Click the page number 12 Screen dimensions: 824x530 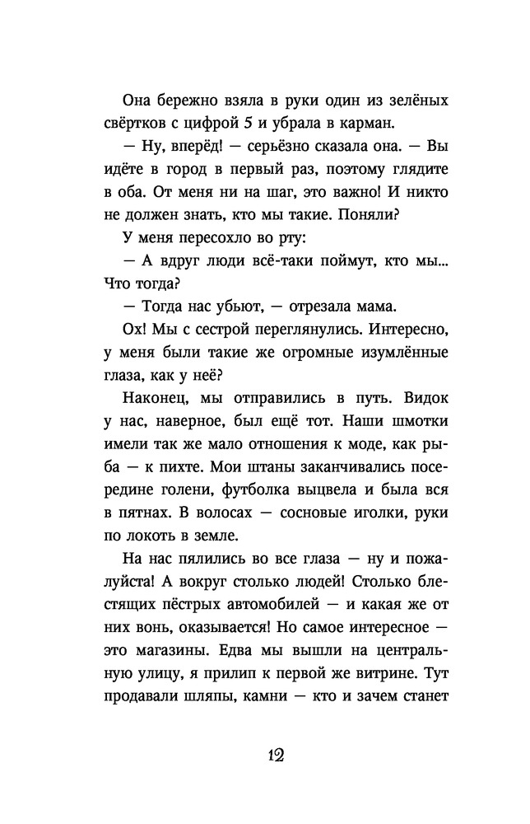click(264, 757)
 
